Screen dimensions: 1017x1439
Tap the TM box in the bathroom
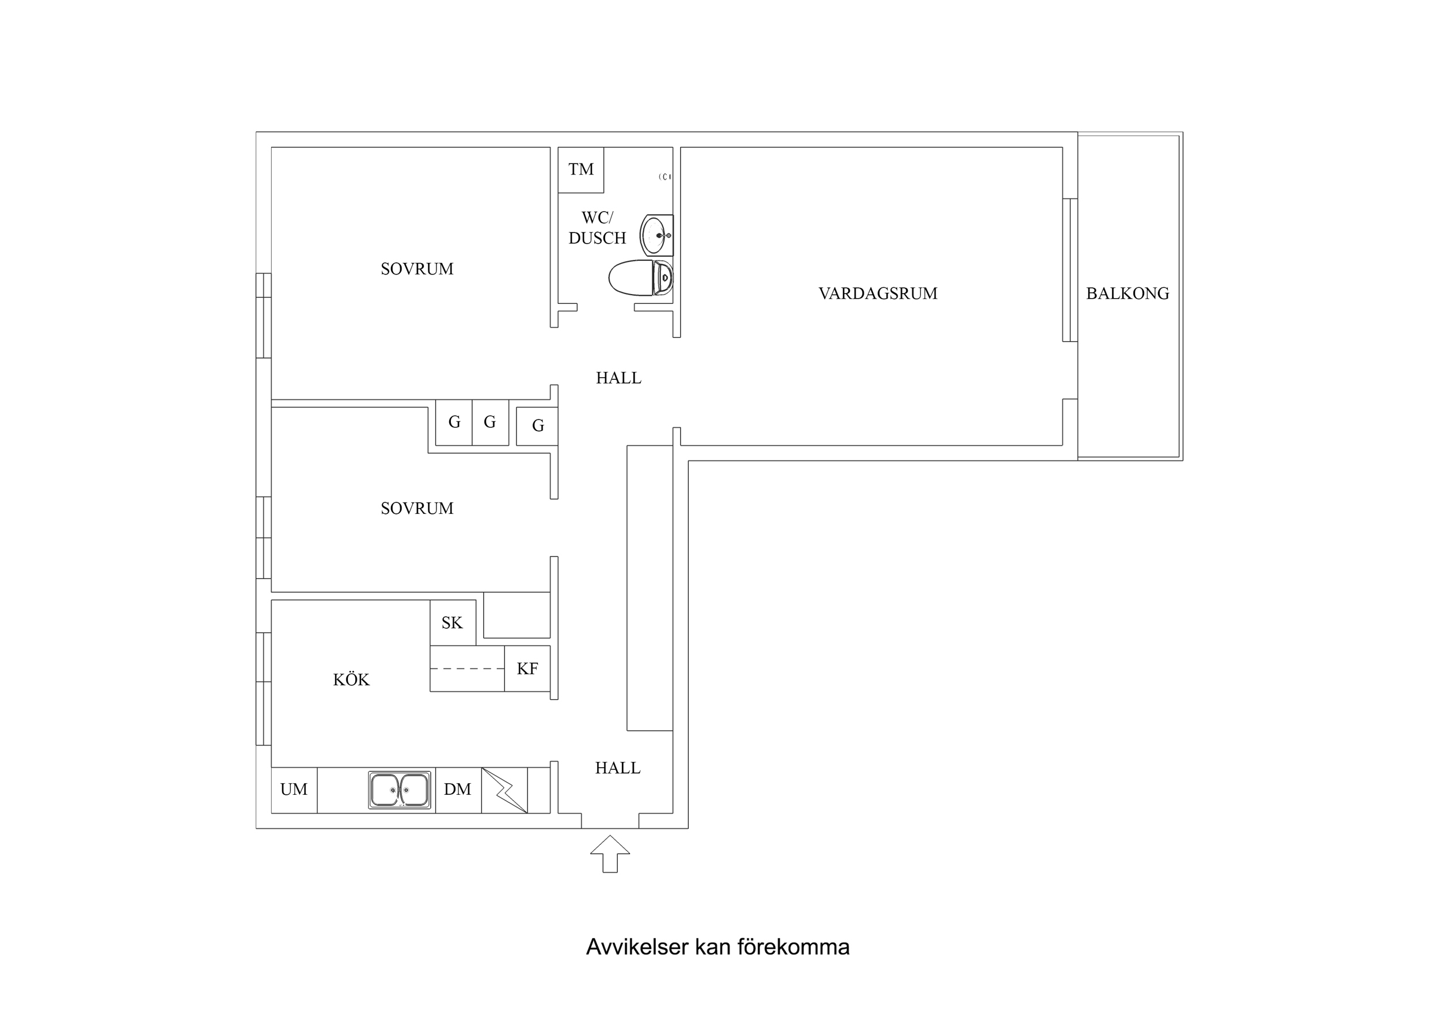tap(581, 170)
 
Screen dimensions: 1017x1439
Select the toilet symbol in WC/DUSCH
tap(640, 277)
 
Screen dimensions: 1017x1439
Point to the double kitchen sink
tap(399, 790)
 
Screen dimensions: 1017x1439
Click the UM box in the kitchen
tap(294, 790)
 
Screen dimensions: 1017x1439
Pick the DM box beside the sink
tap(458, 790)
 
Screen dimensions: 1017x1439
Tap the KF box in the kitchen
tap(527, 669)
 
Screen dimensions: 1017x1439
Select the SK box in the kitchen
tap(452, 623)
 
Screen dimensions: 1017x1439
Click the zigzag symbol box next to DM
tap(504, 790)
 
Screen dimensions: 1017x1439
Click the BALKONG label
tap(1127, 294)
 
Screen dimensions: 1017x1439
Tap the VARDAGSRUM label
tap(878, 294)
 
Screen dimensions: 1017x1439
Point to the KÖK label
tap(351, 680)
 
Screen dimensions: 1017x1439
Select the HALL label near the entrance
tap(617, 768)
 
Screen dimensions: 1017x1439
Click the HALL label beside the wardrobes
tap(618, 378)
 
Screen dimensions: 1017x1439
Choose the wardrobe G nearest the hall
tap(537, 426)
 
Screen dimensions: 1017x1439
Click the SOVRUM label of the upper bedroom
tap(417, 269)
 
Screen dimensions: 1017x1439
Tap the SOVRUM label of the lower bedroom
tap(417, 508)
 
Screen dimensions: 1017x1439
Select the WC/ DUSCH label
tap(597, 227)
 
